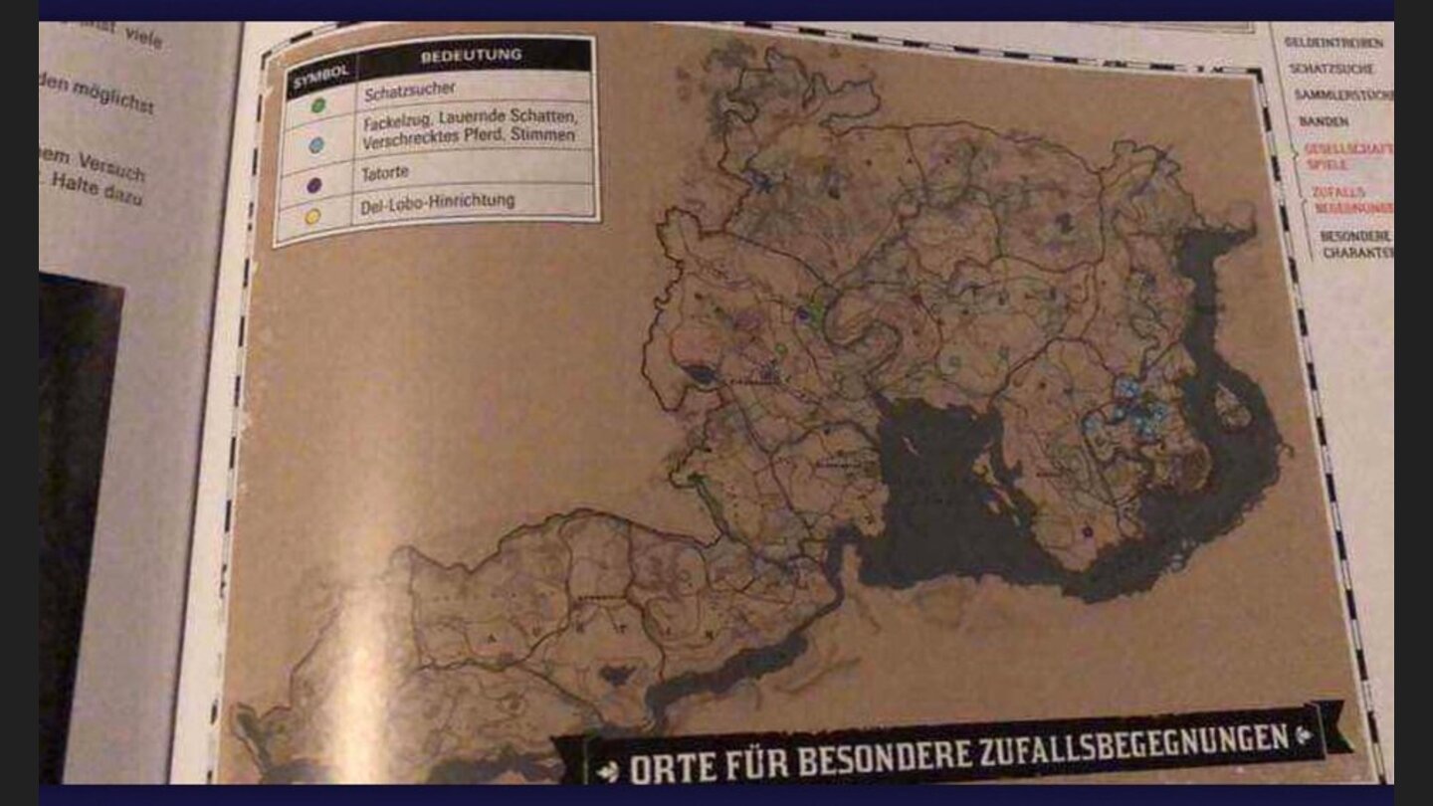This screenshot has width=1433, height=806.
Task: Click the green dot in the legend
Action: (x=318, y=103)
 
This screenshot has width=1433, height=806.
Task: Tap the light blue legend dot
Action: (x=317, y=145)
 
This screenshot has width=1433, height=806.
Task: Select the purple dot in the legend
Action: (x=315, y=184)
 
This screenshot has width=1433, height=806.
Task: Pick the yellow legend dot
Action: (x=313, y=216)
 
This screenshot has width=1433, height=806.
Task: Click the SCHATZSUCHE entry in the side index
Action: (x=1331, y=69)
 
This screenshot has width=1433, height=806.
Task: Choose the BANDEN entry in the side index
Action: (x=1324, y=121)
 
